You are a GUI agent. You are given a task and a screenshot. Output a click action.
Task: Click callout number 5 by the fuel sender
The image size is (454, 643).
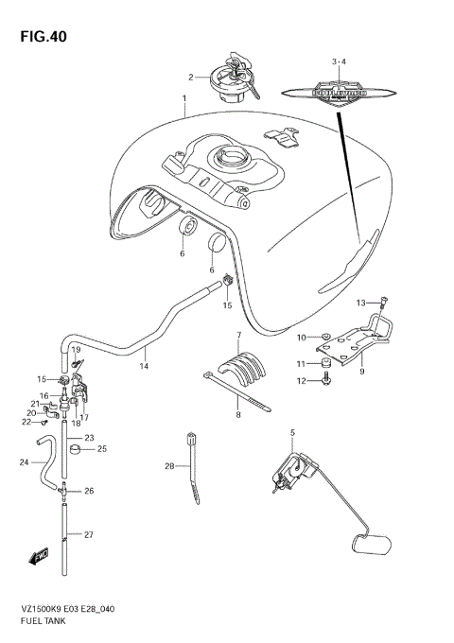(x=293, y=433)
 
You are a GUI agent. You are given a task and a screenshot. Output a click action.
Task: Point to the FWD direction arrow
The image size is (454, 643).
(x=41, y=558)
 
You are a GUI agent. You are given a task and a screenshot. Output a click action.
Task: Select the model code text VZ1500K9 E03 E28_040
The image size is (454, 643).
(x=75, y=612)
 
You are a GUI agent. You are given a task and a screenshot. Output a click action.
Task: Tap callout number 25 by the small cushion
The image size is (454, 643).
(x=102, y=449)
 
